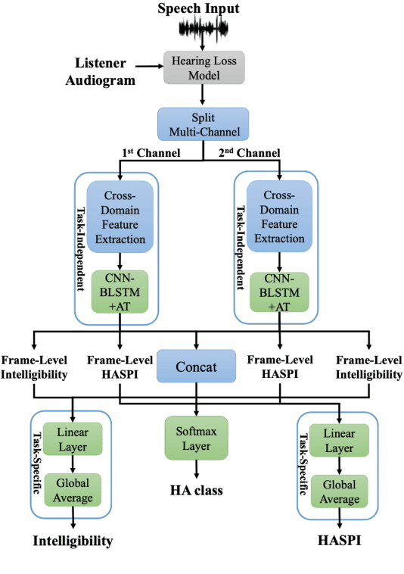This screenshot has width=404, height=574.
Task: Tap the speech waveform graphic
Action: (202, 30)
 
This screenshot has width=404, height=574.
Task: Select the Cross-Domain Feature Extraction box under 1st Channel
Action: (120, 217)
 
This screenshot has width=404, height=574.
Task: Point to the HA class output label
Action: (196, 491)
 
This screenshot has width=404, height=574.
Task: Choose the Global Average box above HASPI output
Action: (340, 493)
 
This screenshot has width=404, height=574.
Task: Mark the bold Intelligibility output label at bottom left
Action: (73, 541)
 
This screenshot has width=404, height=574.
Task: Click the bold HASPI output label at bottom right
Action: (338, 541)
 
